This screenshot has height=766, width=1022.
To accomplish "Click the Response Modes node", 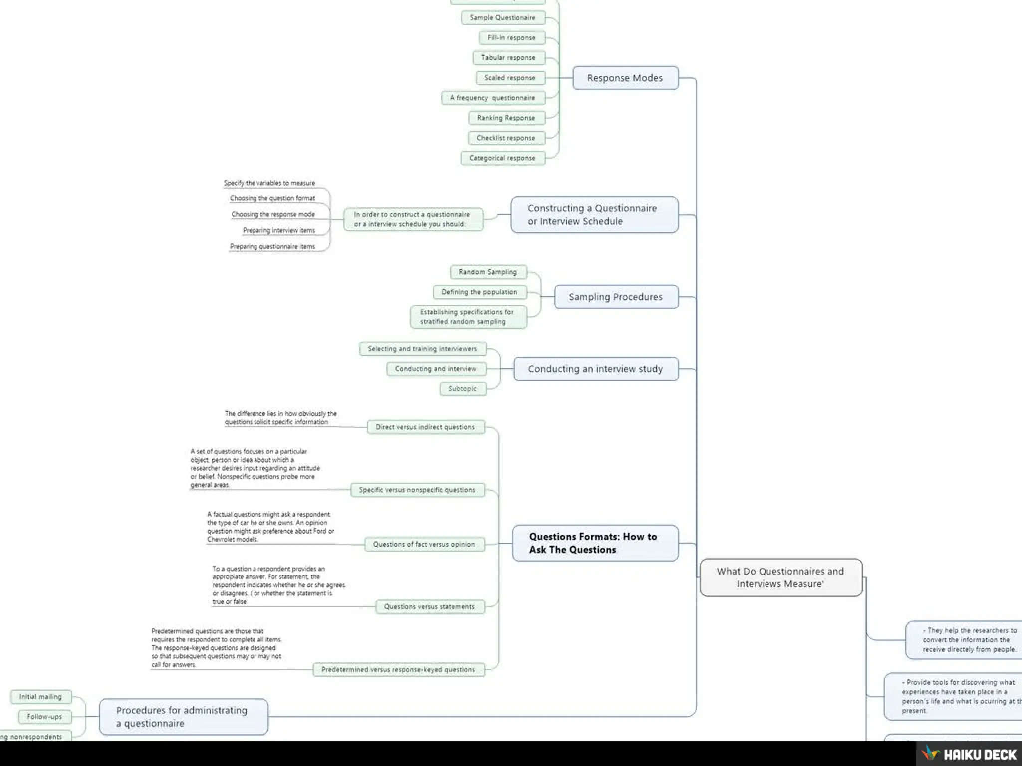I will (x=625, y=78).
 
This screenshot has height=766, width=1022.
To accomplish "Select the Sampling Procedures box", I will (x=616, y=297).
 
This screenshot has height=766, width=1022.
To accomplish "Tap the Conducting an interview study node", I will (x=595, y=369).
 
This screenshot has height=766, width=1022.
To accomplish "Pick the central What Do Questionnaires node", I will (x=780, y=577).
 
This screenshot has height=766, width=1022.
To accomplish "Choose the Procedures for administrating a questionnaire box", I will (x=183, y=717).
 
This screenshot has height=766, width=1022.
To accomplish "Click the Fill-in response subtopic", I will (x=511, y=37).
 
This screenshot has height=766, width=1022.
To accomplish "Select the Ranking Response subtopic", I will (x=506, y=118).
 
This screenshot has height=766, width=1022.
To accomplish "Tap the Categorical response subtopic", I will (x=502, y=158).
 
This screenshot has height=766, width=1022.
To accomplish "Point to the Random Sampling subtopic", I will (x=488, y=272).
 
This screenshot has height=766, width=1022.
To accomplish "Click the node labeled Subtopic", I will (x=463, y=388).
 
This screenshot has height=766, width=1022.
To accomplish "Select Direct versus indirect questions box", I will (x=425, y=427).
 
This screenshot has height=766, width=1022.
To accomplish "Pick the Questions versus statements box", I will (x=429, y=607).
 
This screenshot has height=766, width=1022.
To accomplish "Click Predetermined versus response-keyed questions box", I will (x=398, y=670).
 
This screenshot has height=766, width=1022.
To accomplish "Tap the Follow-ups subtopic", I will (x=44, y=717).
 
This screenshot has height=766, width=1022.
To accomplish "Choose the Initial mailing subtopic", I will (x=40, y=697).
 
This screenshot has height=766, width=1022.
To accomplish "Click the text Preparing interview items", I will (x=279, y=230).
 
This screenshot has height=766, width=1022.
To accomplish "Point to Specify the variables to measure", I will (x=269, y=183).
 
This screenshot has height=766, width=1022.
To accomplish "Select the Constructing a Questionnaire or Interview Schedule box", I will (x=594, y=215).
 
